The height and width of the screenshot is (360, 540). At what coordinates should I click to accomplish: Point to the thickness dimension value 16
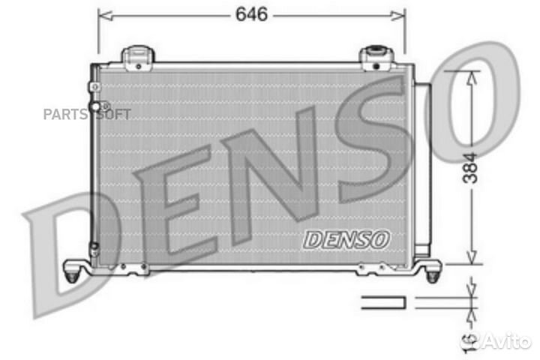pos(469,340)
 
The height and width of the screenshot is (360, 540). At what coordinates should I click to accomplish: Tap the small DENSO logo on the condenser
pos(347,240)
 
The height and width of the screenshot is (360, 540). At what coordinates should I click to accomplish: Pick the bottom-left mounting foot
pos(73,271)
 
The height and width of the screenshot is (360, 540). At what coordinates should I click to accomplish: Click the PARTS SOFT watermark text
pos(86,114)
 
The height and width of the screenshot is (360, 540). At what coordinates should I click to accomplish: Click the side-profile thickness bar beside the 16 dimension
pos(383,302)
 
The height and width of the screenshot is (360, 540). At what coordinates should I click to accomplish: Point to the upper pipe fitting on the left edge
pos(94,87)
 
